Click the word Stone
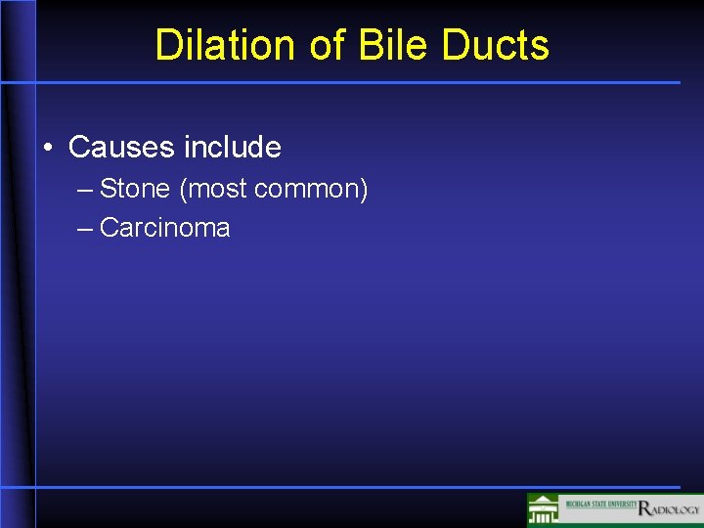click(x=135, y=189)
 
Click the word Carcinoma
click(x=165, y=228)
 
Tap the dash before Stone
click(x=84, y=190)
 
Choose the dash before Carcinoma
click(x=84, y=229)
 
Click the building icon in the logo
click(x=543, y=510)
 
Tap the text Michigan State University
click(x=597, y=505)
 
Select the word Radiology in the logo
click(x=670, y=508)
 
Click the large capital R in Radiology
click(x=644, y=508)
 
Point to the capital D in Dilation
click(x=168, y=45)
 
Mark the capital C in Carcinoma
click(x=109, y=228)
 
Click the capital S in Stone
click(x=108, y=189)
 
